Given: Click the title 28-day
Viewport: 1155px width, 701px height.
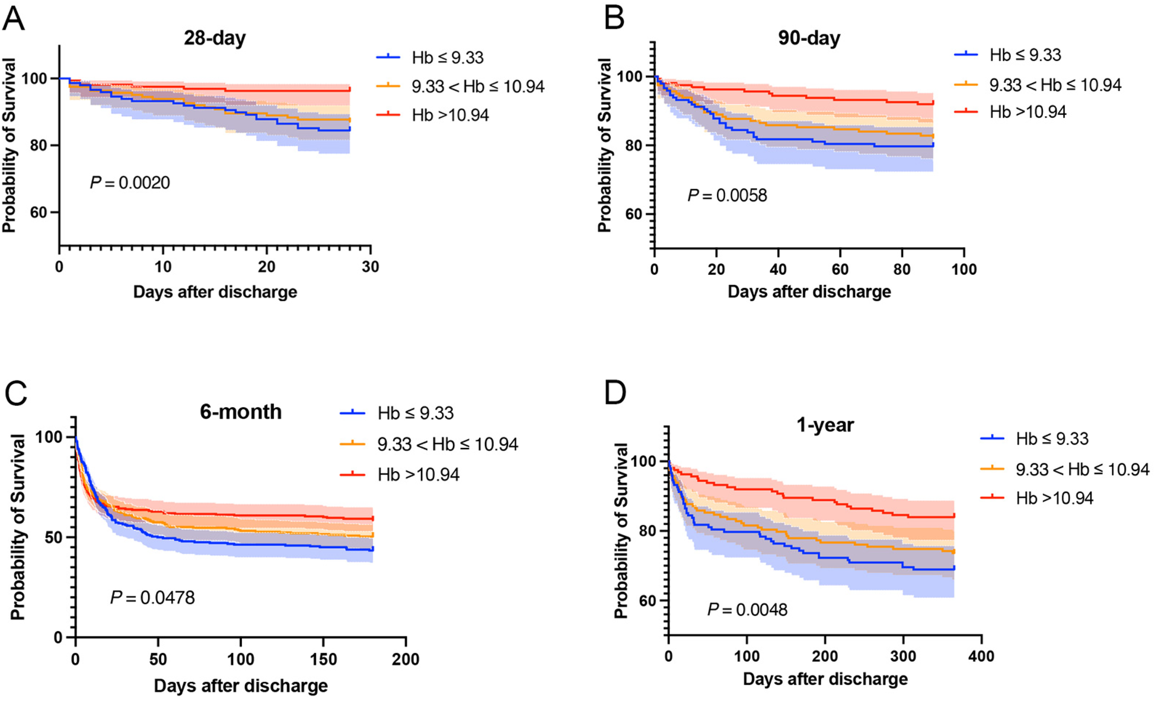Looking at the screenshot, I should tap(215, 38).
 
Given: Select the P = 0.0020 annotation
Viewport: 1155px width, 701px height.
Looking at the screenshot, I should tap(130, 183).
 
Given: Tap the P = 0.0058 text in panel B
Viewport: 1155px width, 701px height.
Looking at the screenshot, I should tap(727, 196).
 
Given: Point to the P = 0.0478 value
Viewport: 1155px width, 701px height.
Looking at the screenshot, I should tap(152, 597).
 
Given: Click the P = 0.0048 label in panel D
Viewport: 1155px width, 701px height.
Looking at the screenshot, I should tap(747, 609).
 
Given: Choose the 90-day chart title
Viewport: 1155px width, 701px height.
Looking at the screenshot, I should tap(809, 38).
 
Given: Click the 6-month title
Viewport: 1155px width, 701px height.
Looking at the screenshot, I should tap(241, 411).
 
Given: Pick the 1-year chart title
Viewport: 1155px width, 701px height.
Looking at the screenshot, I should tap(825, 425).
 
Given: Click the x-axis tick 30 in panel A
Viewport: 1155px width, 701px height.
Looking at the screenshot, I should tap(371, 267).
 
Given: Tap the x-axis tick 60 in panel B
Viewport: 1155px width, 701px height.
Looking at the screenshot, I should tap(840, 270).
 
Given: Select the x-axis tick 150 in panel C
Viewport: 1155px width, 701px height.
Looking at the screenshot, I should tap(323, 660).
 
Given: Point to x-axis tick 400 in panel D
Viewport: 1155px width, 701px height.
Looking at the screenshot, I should tap(981, 656).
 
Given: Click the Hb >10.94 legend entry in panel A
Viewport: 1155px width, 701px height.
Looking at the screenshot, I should tap(450, 115).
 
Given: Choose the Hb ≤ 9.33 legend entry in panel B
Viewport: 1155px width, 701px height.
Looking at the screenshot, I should tap(1025, 55).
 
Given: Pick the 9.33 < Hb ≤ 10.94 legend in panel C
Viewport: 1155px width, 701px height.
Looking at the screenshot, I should tap(448, 444).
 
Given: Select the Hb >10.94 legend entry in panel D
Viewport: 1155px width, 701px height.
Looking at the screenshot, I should tap(1054, 498).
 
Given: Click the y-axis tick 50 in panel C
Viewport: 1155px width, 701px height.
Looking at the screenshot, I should tap(53, 537).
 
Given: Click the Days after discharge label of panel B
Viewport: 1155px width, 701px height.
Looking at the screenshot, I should tap(809, 292).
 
